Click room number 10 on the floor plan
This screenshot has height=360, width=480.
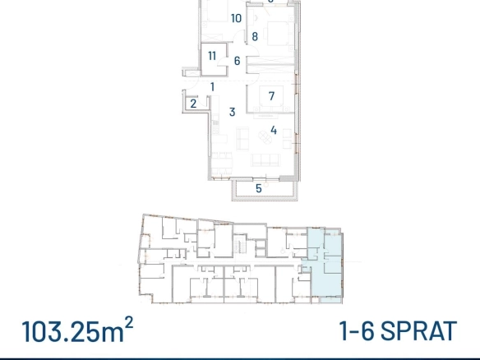236,18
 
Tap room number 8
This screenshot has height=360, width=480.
255,37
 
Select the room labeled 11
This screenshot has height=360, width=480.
212,56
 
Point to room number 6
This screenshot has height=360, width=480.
237,61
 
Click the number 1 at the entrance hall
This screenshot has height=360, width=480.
212,87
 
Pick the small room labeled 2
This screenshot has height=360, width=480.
193,104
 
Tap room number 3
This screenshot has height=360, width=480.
233,112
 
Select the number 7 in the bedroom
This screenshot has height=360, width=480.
271,96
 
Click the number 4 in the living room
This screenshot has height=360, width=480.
274,131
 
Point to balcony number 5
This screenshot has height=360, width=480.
259,188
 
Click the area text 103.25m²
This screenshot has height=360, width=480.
77,330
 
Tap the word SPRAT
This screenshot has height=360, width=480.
418,331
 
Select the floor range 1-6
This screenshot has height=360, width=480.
357,331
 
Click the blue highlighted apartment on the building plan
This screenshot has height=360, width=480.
325,265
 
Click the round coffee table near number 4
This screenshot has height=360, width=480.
265,136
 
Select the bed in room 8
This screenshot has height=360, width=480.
278,34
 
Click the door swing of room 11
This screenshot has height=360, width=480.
222,62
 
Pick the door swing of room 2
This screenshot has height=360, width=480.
203,102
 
